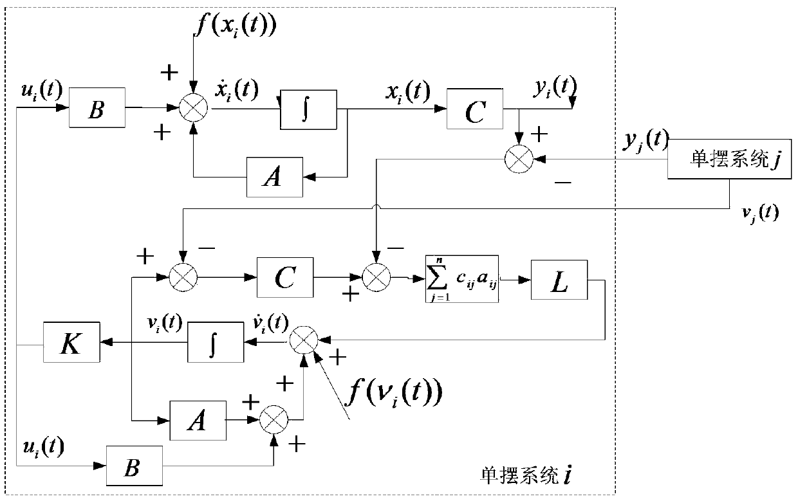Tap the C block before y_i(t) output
(474, 112)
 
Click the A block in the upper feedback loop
(274, 175)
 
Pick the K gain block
(71, 345)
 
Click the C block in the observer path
(284, 278)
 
